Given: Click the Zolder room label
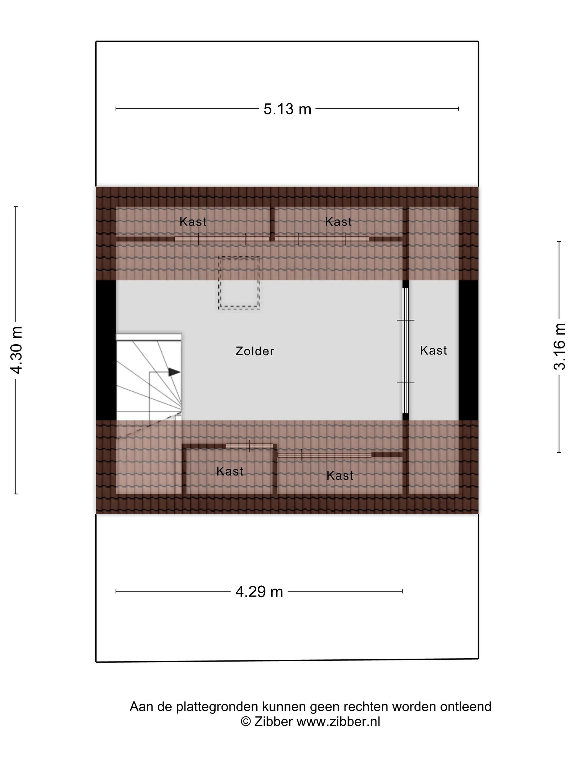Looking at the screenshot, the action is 255,351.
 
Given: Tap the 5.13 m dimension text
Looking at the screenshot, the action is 287,109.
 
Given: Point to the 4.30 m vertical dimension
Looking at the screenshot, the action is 16,350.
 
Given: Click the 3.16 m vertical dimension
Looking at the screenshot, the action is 559,347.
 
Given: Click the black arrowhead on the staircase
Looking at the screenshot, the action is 174,372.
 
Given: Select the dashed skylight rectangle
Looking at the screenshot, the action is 239,283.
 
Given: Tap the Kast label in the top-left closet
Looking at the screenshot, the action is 193,222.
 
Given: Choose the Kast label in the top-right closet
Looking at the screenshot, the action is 338,222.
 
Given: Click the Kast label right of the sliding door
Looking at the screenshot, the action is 433,350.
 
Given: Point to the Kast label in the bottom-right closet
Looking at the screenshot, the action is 340,476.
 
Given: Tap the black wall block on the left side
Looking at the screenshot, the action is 106,350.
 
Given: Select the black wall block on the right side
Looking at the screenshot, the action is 469,350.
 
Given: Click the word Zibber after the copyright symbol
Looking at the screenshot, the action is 273,720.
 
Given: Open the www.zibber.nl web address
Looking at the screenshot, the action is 339,720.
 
